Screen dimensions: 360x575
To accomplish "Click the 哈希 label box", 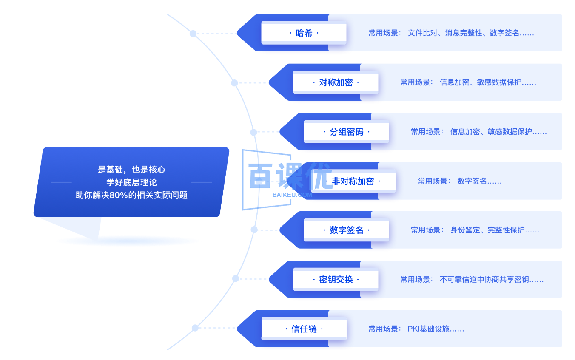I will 304,33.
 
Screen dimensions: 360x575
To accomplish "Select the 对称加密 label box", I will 336,82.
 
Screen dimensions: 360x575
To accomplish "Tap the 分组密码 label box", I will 346,132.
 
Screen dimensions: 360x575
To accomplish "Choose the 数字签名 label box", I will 346,230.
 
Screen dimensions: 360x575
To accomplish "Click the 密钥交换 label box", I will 336,280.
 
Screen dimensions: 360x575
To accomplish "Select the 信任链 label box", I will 304,329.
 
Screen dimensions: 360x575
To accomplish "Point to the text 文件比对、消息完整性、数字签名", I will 470,33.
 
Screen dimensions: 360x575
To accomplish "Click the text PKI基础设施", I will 436,329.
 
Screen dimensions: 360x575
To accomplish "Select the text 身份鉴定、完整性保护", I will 495,230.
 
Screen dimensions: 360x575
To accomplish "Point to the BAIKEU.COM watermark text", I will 292,195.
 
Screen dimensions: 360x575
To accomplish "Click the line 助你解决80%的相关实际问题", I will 131,196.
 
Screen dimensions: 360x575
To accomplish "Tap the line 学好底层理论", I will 131,183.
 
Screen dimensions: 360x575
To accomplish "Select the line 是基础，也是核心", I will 131,170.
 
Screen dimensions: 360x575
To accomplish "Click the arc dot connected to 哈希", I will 193,34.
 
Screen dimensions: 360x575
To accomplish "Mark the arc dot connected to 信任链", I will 195,328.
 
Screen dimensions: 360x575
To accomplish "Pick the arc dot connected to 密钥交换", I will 236,278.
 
